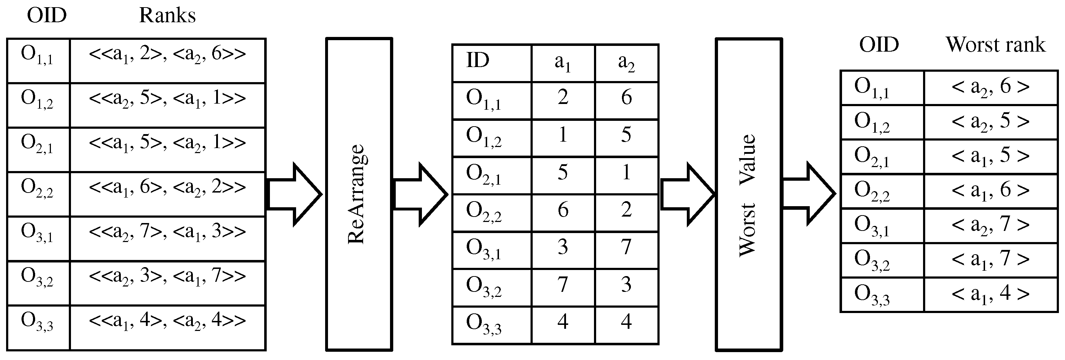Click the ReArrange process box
coord(359,194)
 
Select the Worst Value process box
coord(748,194)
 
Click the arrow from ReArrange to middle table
coord(420,194)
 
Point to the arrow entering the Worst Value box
coord(687,194)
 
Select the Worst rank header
coord(995,44)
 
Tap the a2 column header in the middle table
coord(626,63)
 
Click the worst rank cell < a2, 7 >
coord(990,226)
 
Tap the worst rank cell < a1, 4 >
coord(990,295)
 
